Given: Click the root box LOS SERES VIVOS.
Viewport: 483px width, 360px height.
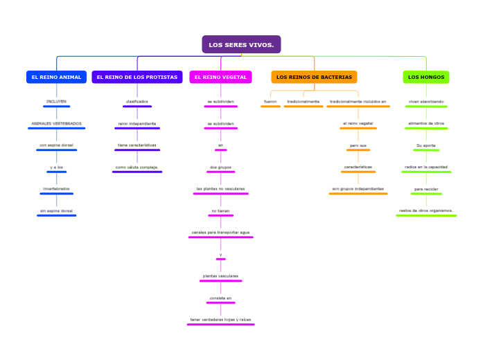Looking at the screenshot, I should [241, 45].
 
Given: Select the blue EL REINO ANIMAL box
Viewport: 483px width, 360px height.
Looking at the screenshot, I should [56, 77].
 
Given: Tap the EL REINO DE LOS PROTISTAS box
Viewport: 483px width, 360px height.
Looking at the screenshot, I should [137, 77].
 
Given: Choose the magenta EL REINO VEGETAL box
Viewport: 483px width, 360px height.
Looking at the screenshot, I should [220, 77].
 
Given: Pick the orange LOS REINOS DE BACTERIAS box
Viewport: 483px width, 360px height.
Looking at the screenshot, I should [314, 77].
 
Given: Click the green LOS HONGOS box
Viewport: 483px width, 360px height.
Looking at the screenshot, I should [426, 77].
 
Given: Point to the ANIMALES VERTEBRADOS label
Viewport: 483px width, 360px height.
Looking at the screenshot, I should [56, 124].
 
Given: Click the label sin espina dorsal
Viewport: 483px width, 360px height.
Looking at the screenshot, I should [56, 210].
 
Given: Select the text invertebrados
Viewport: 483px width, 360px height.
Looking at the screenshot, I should [56, 189].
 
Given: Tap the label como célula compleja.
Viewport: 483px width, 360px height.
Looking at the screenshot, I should [137, 167].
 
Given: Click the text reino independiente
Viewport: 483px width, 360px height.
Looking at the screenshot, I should [137, 124].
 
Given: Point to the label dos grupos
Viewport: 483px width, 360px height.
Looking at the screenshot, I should [220, 167].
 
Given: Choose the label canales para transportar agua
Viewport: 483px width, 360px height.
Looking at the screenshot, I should [220, 232].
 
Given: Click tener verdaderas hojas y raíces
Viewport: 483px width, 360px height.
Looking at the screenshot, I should [220, 319].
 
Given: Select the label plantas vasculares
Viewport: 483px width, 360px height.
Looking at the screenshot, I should [220, 276].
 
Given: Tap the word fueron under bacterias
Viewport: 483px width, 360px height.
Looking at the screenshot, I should [270, 102].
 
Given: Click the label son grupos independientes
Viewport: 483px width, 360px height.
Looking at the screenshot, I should [358, 188].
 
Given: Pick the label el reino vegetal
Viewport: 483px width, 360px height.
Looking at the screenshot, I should [358, 123].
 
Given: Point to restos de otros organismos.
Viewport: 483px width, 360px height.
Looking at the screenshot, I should [426, 210].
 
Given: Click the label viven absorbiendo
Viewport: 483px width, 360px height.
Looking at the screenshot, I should [426, 102].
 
